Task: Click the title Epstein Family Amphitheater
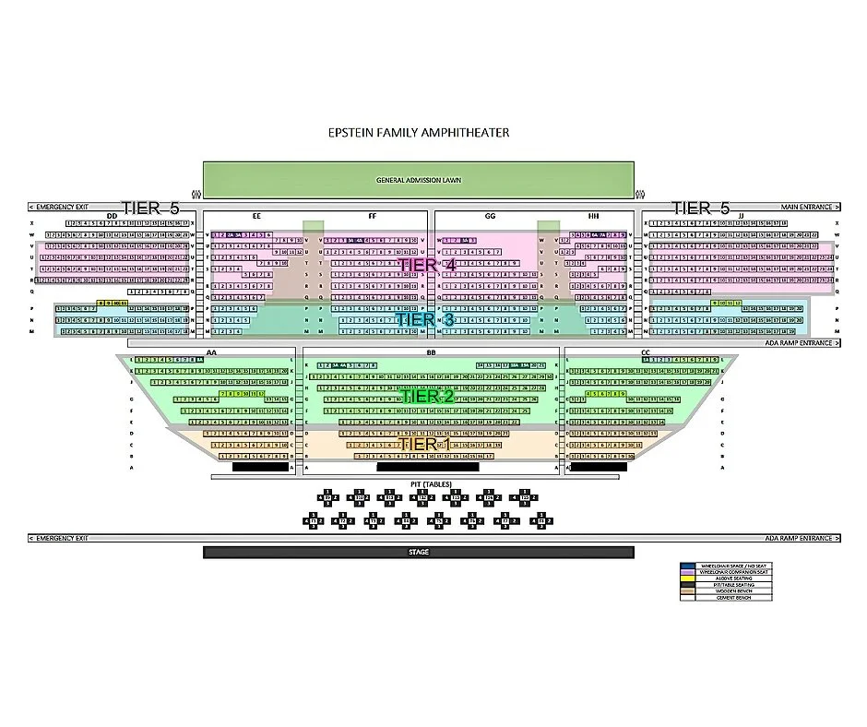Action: pyautogui.click(x=419, y=133)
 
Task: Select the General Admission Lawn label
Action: pyautogui.click(x=419, y=180)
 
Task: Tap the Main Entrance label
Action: pyautogui.click(x=806, y=208)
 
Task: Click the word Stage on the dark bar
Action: pyautogui.click(x=419, y=552)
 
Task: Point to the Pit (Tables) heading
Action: pyautogui.click(x=431, y=483)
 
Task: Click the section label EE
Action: pyautogui.click(x=256, y=216)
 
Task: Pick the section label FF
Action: pyautogui.click(x=373, y=216)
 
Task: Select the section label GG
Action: pyautogui.click(x=490, y=216)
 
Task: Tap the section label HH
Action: pyautogui.click(x=594, y=216)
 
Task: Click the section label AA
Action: pyautogui.click(x=211, y=353)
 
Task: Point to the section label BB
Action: pyautogui.click(x=431, y=353)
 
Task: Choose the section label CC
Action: pyautogui.click(x=645, y=353)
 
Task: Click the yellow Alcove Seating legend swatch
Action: pyautogui.click(x=687, y=578)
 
